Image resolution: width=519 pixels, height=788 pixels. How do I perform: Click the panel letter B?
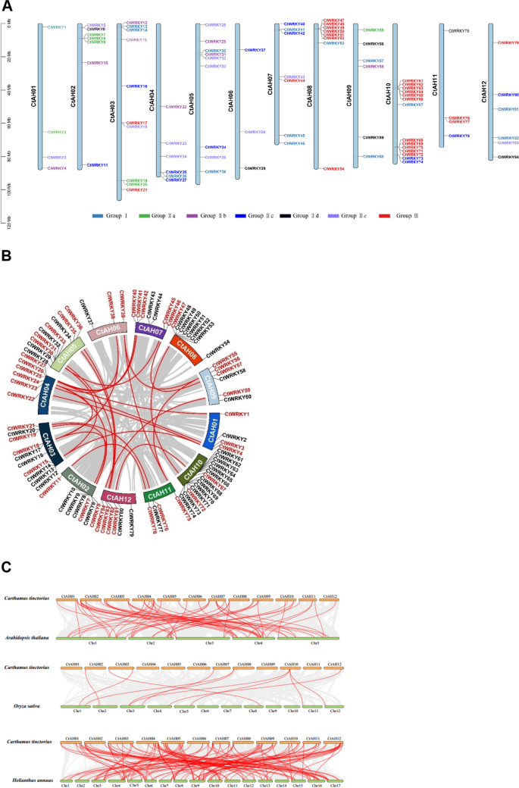pos(6,256)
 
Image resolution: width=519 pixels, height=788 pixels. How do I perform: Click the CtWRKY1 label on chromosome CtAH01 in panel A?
pos(57,27)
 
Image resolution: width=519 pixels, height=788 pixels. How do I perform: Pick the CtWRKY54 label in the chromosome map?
pos(334,169)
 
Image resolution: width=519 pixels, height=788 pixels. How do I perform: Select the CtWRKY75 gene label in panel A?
pos(459,31)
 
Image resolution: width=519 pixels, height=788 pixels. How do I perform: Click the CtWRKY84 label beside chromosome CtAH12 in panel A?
pos(508,158)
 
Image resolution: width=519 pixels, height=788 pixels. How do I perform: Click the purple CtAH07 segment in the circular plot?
pos(152,327)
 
